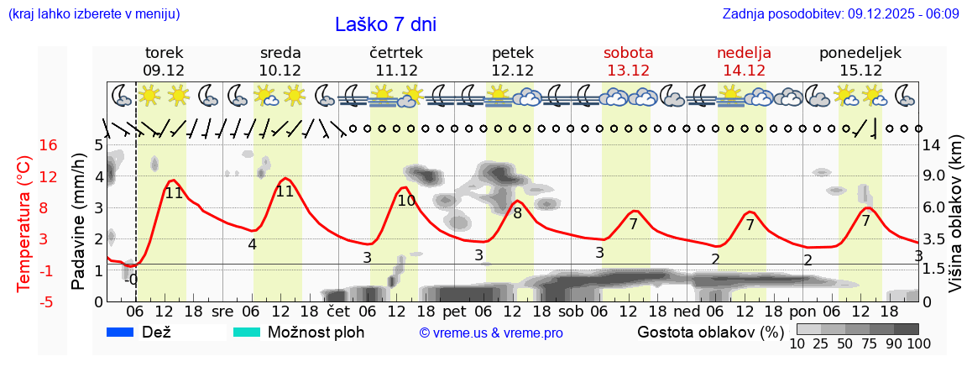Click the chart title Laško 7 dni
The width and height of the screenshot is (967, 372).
point(385,24)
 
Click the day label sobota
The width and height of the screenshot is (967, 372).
point(628,53)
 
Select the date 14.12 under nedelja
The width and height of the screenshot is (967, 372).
point(744,71)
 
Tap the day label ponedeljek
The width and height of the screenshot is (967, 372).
point(860,53)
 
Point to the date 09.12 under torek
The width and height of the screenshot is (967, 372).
point(164,71)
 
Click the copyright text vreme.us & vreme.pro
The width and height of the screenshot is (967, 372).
point(491,333)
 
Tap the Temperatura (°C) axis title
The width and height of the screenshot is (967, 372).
point(24,223)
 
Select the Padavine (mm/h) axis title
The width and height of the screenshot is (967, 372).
point(78,222)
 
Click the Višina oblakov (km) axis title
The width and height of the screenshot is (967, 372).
point(955,215)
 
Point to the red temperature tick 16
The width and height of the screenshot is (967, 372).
point(25,145)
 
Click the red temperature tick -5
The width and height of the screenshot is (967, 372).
point(25,301)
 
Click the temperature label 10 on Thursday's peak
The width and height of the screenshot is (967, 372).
point(406,201)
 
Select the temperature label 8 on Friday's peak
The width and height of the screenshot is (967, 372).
point(517,213)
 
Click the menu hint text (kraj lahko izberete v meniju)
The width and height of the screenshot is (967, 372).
point(93,14)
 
